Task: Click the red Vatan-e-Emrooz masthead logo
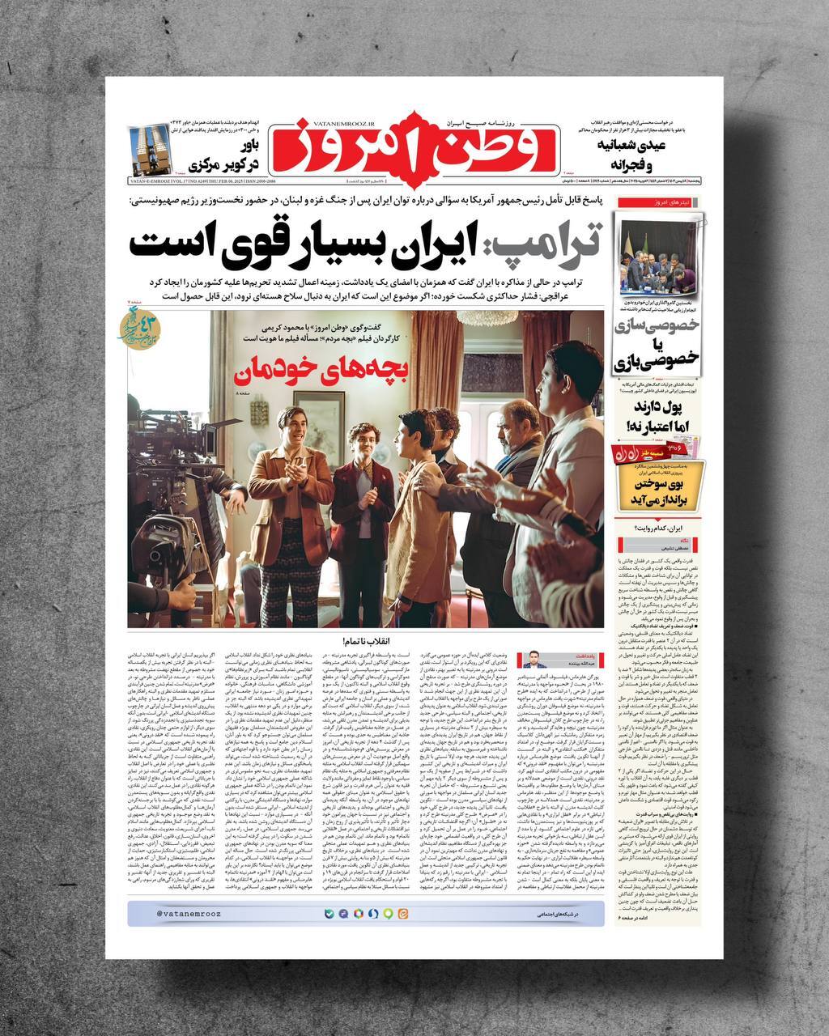point(413,146)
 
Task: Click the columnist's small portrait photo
point(534,659)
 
